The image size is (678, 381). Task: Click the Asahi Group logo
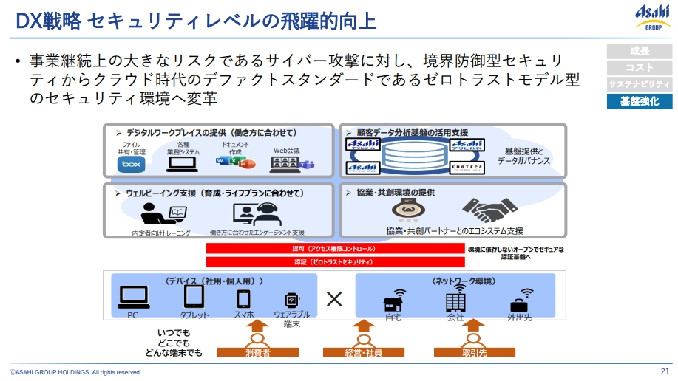(654, 16)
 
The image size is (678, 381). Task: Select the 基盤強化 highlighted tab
(640, 101)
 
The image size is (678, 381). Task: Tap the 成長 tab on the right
(640, 51)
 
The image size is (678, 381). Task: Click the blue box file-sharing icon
(131, 164)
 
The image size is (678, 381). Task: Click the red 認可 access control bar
(334, 250)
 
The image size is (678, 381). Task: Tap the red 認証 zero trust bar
(334, 261)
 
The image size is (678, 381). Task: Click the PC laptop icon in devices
(134, 297)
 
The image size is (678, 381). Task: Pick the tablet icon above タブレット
(194, 297)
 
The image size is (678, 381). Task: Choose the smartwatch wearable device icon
(291, 299)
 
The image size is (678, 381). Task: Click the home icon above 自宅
(393, 302)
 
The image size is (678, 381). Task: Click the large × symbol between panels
(334, 298)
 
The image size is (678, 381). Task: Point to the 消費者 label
(258, 354)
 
